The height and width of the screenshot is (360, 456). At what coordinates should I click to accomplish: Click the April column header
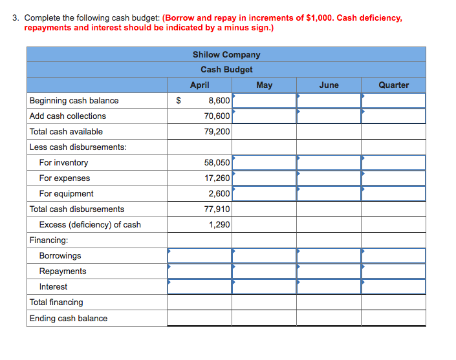(199, 85)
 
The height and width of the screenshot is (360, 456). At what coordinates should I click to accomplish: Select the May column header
(264, 85)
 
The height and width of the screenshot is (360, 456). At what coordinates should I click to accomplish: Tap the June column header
(329, 85)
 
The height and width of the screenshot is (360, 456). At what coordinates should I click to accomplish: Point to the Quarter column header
(393, 85)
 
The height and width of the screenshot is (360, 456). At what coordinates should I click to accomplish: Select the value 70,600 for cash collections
(217, 116)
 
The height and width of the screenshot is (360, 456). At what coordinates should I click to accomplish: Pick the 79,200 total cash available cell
(217, 132)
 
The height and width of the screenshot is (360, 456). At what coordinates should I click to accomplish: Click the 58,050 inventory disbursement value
(217, 163)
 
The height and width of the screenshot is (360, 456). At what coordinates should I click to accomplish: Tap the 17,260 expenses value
(217, 178)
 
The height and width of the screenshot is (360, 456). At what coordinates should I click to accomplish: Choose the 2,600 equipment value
(219, 194)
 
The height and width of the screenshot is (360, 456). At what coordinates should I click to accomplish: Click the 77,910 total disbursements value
(217, 209)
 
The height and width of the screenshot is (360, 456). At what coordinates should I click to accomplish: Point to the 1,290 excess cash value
(219, 225)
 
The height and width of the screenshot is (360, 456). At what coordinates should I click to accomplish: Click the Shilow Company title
(226, 54)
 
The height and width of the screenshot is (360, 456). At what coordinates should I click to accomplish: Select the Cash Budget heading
(226, 69)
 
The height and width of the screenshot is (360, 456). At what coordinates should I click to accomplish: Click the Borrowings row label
(60, 256)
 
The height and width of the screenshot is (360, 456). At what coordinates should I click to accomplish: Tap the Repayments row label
(63, 271)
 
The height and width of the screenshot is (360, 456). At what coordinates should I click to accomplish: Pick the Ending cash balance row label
(69, 319)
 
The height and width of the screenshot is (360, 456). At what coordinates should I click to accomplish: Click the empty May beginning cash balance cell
(264, 101)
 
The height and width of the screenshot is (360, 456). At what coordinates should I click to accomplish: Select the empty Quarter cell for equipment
(393, 194)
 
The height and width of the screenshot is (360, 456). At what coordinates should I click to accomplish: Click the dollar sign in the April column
(179, 101)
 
